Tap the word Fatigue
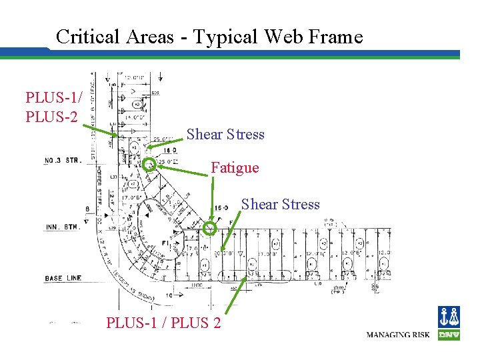235,167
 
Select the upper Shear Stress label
225,134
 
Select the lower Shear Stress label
280,204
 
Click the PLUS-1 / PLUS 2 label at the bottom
164,323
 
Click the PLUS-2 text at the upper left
51,117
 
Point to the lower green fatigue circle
209,229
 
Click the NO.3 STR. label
63,161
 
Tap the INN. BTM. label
62,227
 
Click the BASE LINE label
63,278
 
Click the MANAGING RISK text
399,334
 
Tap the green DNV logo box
449,335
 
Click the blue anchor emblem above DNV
449,317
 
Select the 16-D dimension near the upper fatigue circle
170,152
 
